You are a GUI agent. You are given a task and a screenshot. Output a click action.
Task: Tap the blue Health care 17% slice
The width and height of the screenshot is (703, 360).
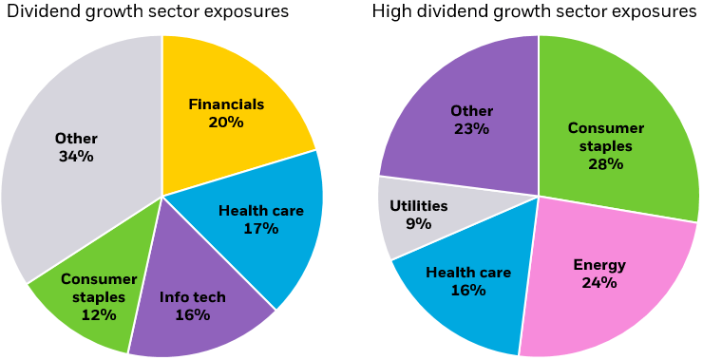tap(275, 237)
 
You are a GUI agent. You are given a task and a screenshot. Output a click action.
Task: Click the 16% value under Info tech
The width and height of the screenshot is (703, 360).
tap(192, 314)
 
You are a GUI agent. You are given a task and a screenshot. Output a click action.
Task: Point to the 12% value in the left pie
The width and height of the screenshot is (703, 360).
tap(99, 314)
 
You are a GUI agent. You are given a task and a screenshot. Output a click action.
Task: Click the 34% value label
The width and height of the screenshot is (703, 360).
tap(76, 157)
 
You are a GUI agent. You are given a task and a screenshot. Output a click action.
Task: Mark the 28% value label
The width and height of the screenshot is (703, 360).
tap(605, 163)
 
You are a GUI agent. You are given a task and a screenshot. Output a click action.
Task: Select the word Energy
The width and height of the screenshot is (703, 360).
tap(599, 265)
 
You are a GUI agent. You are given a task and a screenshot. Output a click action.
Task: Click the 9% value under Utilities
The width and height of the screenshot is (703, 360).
tap(418, 224)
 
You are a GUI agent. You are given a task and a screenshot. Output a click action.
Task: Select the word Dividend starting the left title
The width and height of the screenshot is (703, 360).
tap(35, 12)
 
